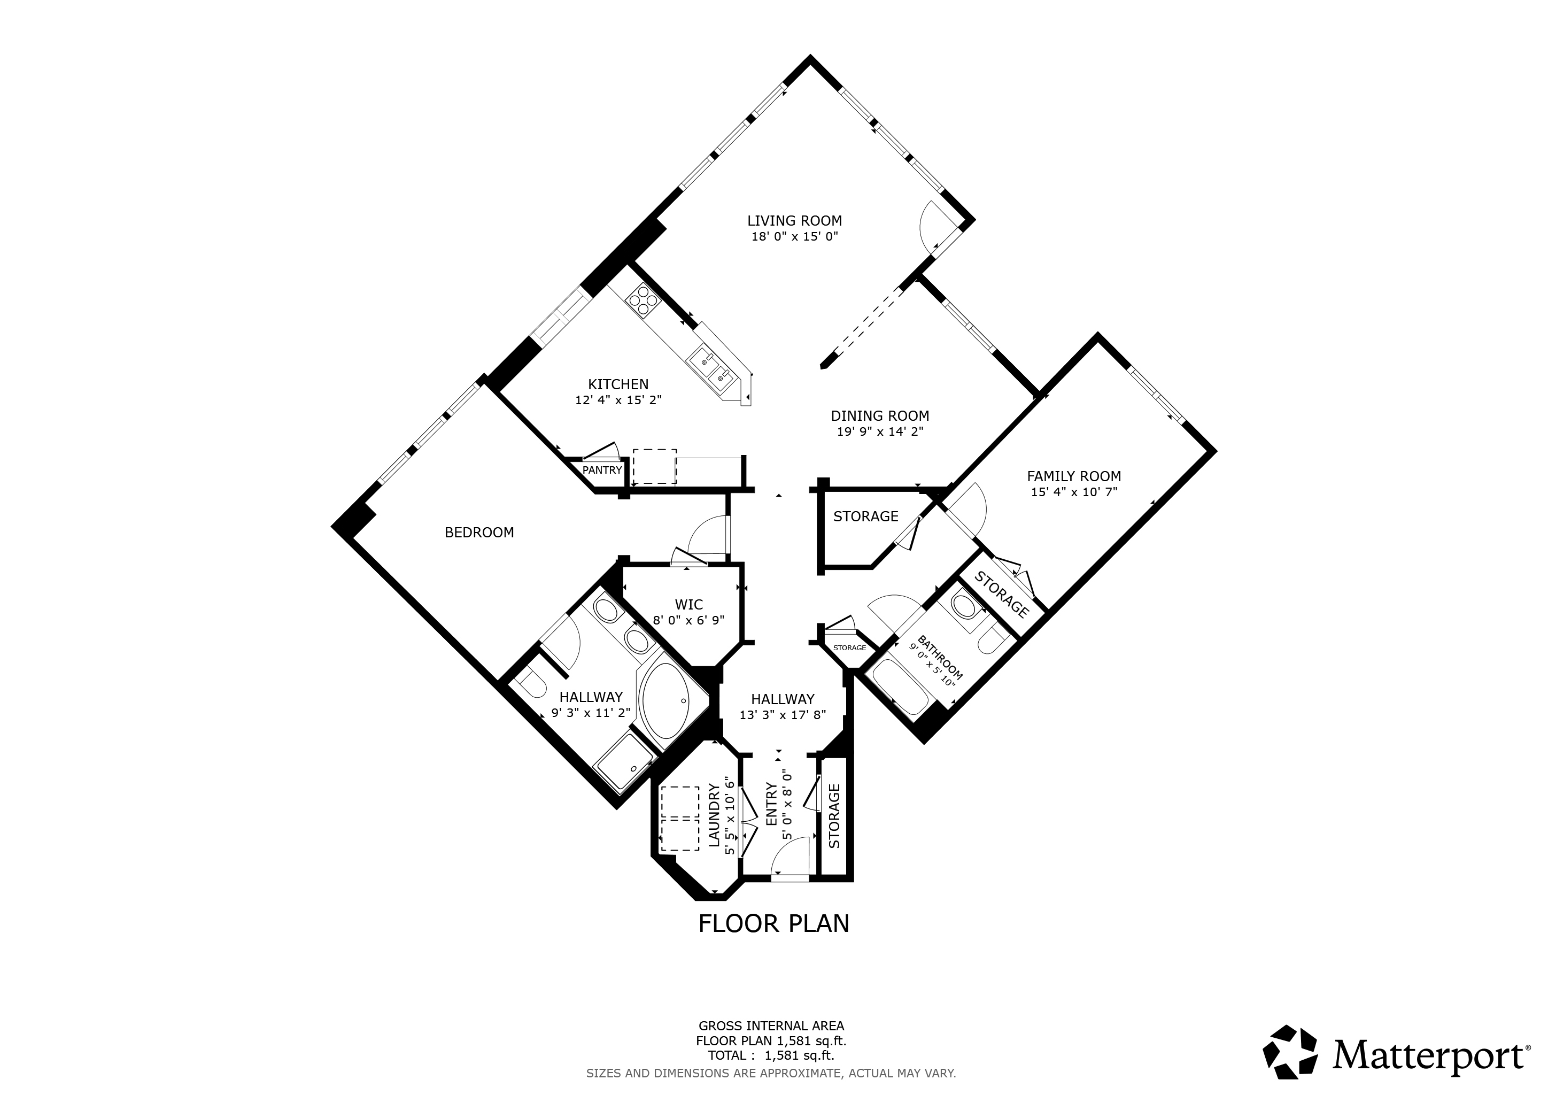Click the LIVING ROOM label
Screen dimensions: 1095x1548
[x=794, y=220]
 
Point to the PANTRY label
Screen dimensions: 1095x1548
[x=601, y=470]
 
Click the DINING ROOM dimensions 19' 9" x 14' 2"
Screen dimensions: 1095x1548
[x=880, y=432]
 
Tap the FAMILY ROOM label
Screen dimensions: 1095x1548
[x=1073, y=476]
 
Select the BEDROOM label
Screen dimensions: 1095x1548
[x=479, y=533]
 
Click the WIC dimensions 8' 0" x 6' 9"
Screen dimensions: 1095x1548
[x=688, y=620]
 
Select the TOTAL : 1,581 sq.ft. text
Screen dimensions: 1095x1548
[x=771, y=1055]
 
